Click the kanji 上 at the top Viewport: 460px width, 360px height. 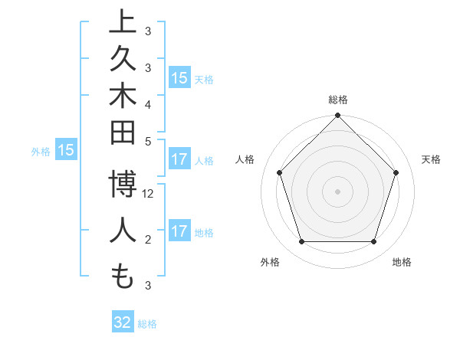pos(122,23)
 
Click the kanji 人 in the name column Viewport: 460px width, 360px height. pos(122,231)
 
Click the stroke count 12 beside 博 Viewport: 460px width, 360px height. pos(149,195)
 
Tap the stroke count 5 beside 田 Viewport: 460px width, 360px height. pos(148,141)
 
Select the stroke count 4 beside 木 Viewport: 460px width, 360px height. pos(148,103)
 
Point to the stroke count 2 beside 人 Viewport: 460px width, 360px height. pos(148,240)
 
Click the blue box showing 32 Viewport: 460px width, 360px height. pos(123,322)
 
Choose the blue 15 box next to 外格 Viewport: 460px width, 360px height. pos(66,151)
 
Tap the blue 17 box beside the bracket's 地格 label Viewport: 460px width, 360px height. pos(179,231)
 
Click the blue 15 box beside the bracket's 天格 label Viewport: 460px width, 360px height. pos(179,78)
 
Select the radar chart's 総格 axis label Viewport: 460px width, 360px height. pos(337,100)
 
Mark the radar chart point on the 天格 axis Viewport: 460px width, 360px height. pos(396,172)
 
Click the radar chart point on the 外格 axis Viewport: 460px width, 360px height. pos(301,242)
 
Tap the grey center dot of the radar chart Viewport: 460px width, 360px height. pos(337,191)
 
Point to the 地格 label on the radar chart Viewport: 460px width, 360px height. pos(402,263)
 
